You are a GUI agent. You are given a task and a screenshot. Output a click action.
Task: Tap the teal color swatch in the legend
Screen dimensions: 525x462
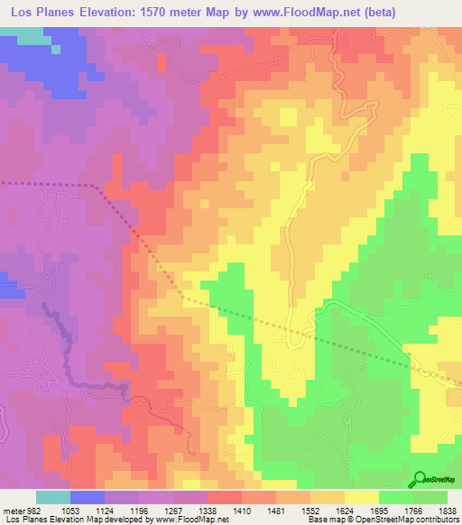coord(52,498)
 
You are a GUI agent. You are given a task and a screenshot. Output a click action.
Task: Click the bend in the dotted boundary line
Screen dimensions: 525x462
coord(99,187)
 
